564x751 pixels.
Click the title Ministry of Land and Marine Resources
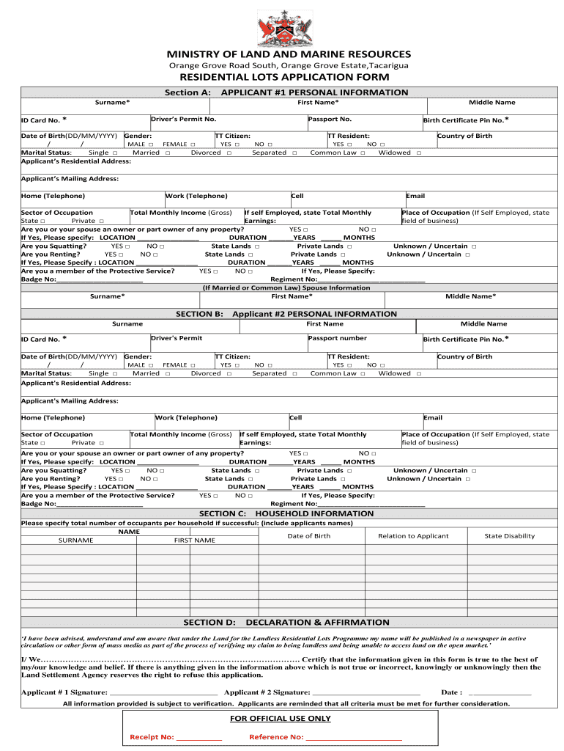click(x=289, y=54)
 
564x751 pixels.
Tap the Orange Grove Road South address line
click(x=289, y=66)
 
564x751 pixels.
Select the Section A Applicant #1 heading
click(x=286, y=92)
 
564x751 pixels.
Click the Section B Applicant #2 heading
click(x=286, y=314)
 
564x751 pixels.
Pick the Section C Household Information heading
click(x=286, y=513)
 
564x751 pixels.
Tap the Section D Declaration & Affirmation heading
click(x=286, y=622)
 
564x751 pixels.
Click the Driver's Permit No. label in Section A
click(x=183, y=119)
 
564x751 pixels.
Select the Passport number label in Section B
click(x=338, y=338)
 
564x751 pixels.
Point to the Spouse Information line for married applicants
click(x=286, y=287)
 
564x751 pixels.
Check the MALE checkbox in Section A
click(x=151, y=144)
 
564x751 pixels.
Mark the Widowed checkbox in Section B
click(x=419, y=373)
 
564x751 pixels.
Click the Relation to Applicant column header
click(x=413, y=536)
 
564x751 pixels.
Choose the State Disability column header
click(x=510, y=536)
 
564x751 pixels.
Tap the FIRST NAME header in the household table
click(x=194, y=541)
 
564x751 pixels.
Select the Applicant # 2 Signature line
click(x=366, y=692)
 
